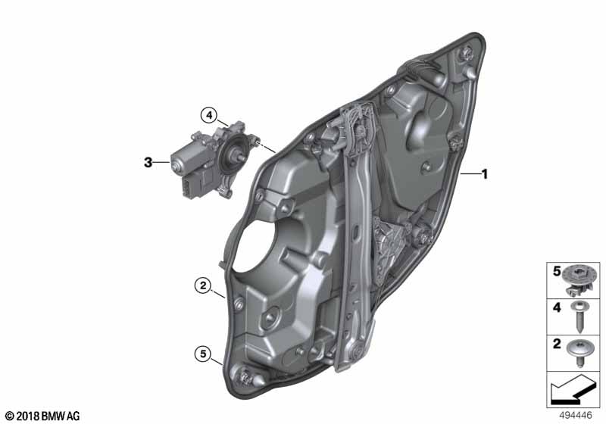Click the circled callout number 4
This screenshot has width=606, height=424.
click(209, 115)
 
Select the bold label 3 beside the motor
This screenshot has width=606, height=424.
click(148, 162)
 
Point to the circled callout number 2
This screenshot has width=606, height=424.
click(201, 285)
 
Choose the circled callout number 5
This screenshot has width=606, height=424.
click(201, 353)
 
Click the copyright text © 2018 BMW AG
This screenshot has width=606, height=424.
click(42, 416)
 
